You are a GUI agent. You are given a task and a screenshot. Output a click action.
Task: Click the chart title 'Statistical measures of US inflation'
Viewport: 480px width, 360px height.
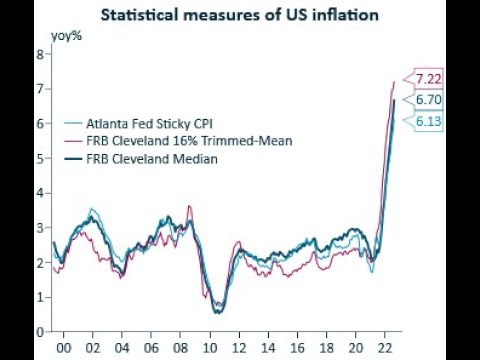[239, 15]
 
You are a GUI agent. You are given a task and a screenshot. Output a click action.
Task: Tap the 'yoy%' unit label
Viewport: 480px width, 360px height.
[64, 38]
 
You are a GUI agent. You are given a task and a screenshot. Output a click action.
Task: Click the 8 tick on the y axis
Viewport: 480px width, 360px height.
[41, 55]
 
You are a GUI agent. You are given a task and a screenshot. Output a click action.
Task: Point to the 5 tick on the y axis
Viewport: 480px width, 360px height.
[41, 158]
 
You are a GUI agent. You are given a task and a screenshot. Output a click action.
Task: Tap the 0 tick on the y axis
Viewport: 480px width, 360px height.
[41, 331]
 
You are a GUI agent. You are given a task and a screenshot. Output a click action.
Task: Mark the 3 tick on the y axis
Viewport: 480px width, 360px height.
[41, 228]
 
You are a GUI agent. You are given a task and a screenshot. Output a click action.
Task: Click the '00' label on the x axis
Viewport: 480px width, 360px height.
[63, 347]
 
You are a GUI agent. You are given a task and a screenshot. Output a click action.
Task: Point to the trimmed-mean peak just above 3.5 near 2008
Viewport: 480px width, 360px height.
[190, 207]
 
